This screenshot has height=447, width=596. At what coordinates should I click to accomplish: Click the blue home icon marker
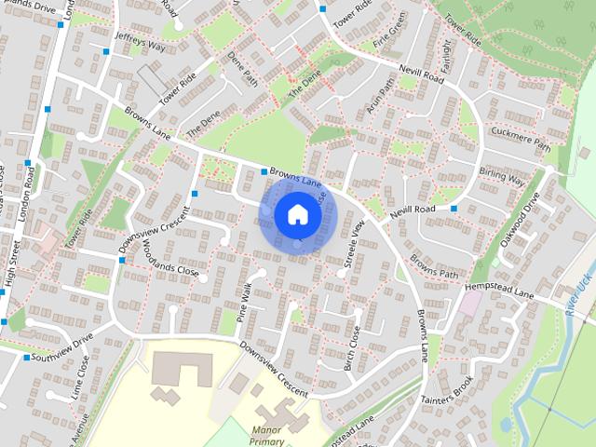click(297, 214)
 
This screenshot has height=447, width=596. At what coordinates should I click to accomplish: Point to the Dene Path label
click(242, 74)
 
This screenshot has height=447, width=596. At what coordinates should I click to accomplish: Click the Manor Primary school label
click(265, 436)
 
